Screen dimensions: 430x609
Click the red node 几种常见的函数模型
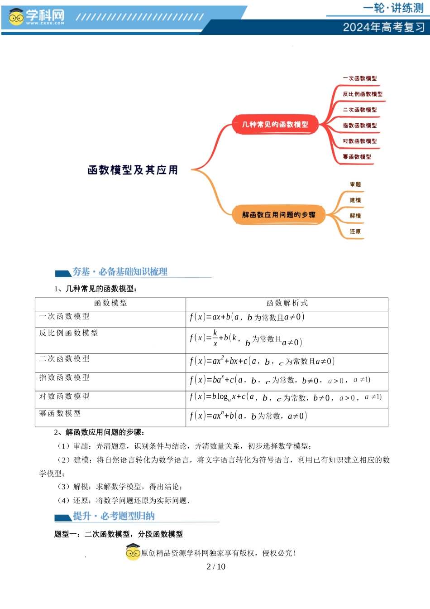[275, 124]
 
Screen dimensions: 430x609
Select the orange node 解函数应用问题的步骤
[278, 215]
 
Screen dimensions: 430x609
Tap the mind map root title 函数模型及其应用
[133, 170]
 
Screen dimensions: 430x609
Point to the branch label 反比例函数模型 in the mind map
[362, 94]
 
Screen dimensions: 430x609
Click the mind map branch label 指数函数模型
[359, 126]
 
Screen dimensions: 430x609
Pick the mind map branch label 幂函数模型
[357, 157]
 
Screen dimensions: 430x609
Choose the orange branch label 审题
[355, 184]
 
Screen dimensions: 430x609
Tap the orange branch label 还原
[355, 232]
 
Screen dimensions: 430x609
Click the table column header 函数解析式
[287, 303]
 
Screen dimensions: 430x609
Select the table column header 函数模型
[110, 303]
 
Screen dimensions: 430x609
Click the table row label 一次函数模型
[64, 316]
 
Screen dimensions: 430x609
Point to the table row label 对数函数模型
[64, 396]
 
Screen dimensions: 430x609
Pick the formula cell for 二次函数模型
[262, 361]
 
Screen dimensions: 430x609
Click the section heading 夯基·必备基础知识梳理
[120, 272]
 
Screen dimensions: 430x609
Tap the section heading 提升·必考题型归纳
[114, 516]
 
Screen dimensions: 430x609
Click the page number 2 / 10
[216, 566]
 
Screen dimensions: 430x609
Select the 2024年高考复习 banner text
[383, 27]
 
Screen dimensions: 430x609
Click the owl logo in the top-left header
[16, 17]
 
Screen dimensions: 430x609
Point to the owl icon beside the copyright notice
[133, 552]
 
